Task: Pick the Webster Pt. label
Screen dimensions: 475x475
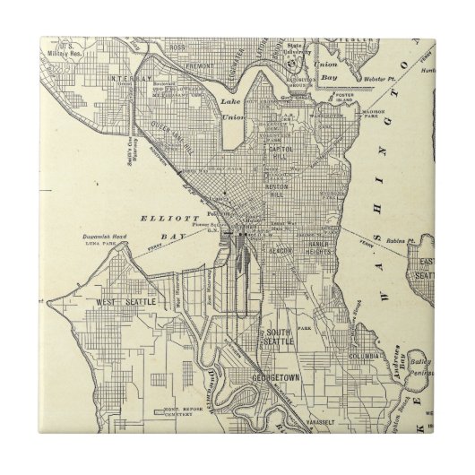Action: tap(375, 80)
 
